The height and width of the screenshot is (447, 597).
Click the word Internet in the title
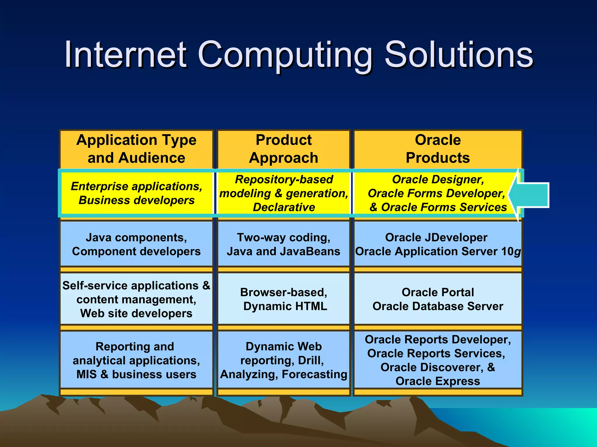tap(125, 54)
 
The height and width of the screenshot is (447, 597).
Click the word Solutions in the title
tap(459, 54)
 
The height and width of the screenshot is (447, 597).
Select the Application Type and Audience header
tap(136, 149)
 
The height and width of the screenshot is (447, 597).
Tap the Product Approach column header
tap(284, 149)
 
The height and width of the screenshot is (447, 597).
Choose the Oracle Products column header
tap(438, 149)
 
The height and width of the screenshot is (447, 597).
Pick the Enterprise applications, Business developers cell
tap(136, 193)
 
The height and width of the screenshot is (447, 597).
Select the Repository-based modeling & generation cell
tap(284, 193)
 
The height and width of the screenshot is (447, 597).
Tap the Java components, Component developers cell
tap(136, 244)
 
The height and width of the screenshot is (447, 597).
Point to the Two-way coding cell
tap(284, 244)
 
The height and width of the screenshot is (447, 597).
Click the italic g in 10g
tap(517, 252)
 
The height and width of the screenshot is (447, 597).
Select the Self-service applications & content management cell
tap(136, 299)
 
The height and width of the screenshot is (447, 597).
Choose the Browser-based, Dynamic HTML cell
tap(284, 299)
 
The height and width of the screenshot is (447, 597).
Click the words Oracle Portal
tap(438, 292)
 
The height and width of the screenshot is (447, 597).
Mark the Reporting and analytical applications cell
tap(136, 360)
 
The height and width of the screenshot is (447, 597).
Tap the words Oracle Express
tap(438, 381)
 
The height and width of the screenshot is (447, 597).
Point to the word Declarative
tap(284, 207)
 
